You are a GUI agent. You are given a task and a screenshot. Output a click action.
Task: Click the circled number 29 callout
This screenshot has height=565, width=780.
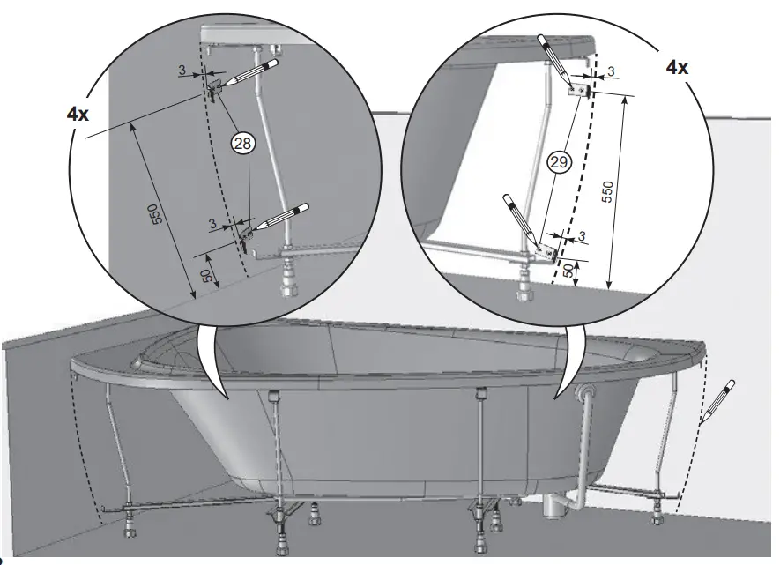[x=557, y=161]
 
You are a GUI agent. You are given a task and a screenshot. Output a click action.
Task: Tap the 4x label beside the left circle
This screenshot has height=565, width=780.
[x=78, y=114]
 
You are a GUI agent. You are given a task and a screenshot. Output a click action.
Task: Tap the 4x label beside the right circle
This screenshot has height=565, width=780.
[x=676, y=67]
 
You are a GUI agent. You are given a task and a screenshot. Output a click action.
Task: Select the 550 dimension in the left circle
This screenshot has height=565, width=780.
[x=153, y=213]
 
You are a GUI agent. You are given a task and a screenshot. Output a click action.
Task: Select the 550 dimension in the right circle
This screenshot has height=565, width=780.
[x=608, y=191]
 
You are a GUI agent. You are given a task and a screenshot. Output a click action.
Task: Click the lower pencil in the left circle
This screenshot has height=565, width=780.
[x=280, y=216]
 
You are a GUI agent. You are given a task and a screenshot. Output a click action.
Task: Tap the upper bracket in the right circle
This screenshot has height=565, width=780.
[x=580, y=89]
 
